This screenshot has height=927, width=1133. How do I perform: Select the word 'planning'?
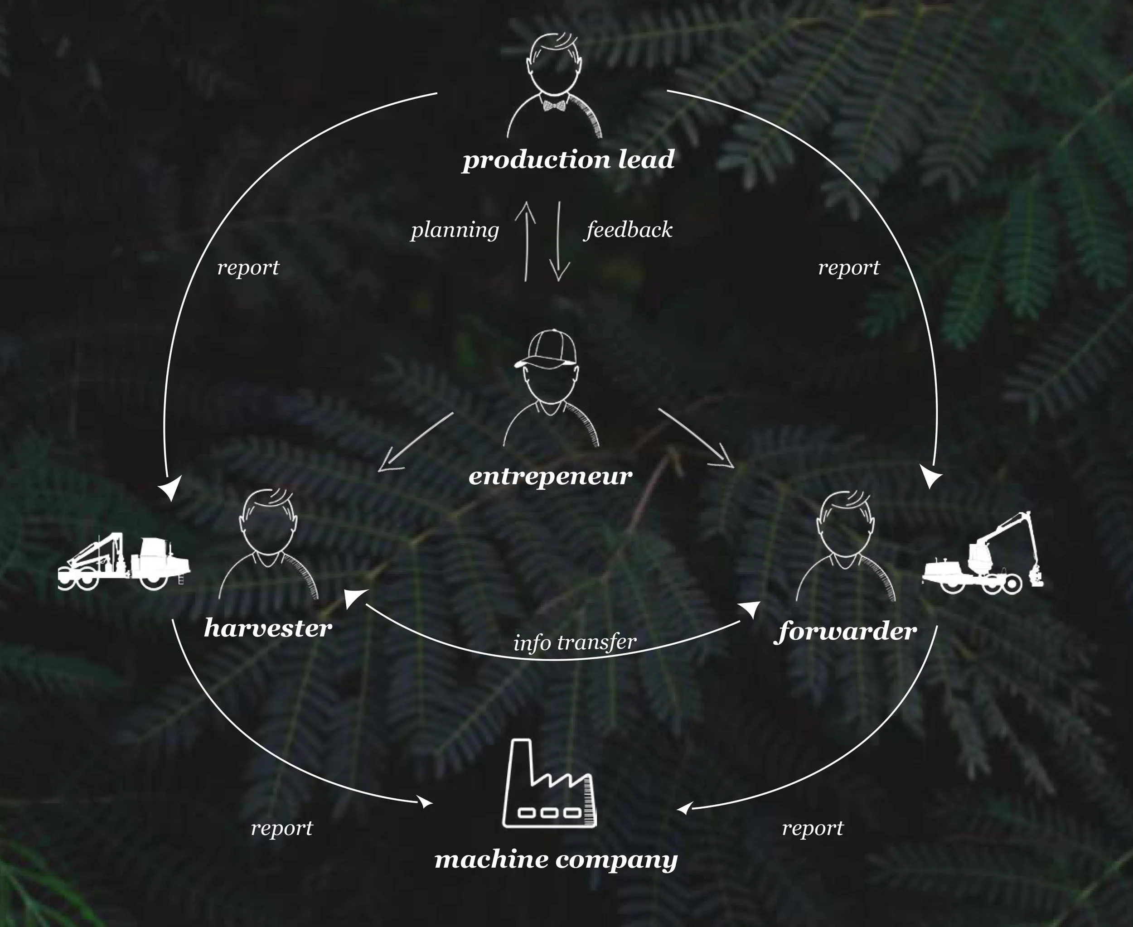455,230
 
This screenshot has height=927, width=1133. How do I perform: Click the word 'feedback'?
629,230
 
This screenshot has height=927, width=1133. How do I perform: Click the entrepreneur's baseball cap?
548,349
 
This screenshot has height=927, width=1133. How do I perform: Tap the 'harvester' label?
268,628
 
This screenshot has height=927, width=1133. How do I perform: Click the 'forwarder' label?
845,632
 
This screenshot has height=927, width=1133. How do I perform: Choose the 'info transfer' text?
575,642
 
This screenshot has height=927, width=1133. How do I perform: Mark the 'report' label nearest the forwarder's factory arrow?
813,828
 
